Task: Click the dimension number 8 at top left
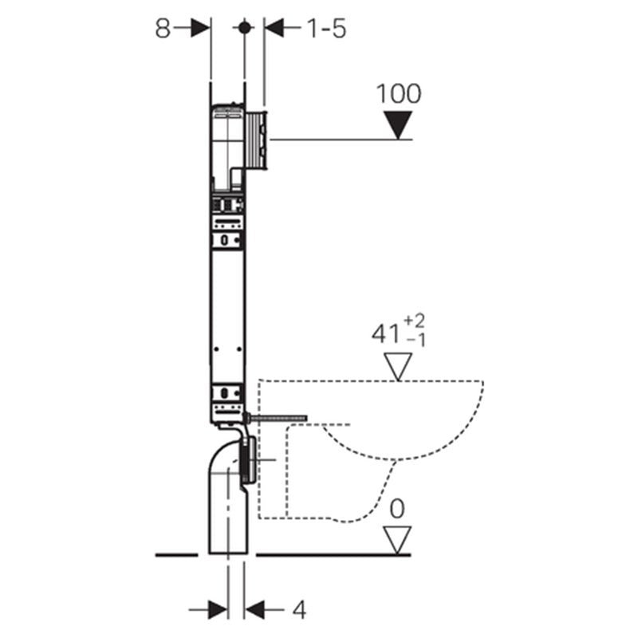click(163, 29)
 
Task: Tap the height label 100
click(399, 94)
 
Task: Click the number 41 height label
click(385, 334)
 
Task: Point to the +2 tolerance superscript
click(414, 322)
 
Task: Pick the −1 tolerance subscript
click(415, 341)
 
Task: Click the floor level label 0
click(397, 509)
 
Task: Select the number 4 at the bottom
click(299, 610)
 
